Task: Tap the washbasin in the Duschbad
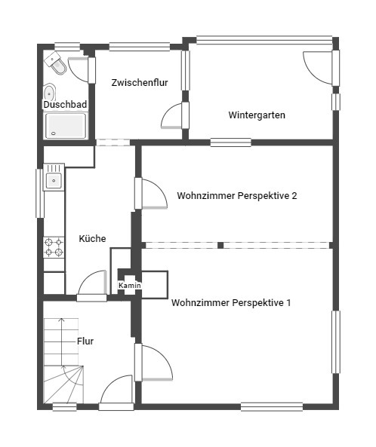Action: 49,93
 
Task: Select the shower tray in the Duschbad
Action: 66,126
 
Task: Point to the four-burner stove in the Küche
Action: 54,247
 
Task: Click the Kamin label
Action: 130,286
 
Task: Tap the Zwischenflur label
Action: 140,83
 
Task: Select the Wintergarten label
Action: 257,115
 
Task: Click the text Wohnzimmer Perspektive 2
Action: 237,196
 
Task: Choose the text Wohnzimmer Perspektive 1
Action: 231,302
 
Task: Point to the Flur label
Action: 85,341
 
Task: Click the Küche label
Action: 92,239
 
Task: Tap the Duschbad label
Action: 65,104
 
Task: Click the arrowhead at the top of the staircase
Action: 61,320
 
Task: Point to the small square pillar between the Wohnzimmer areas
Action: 220,245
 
